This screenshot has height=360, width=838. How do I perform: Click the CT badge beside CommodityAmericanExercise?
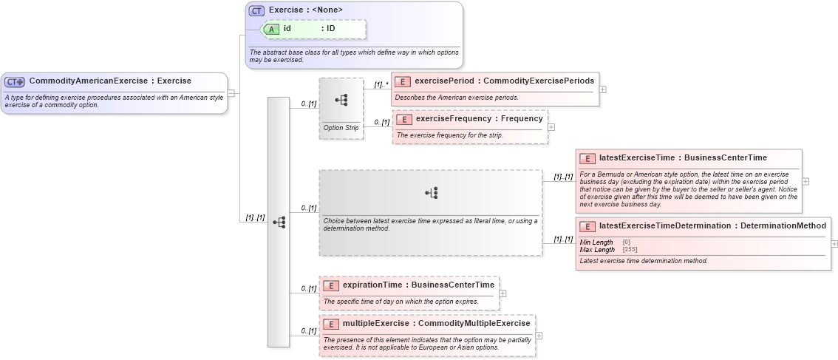(15, 81)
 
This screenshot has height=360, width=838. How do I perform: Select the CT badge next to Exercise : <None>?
(256, 10)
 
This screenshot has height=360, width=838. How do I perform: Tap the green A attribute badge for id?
(272, 29)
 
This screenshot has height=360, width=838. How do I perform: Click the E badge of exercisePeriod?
(403, 81)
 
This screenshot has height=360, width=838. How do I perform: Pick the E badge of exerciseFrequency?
(404, 118)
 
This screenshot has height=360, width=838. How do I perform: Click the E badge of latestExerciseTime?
(587, 158)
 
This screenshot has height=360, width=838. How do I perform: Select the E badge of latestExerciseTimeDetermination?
(587, 225)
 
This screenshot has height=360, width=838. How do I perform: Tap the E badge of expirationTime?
(331, 285)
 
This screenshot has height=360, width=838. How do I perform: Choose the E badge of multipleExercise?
(331, 323)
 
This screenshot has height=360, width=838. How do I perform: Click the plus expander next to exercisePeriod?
(603, 89)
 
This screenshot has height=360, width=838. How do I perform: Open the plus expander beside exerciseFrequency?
(551, 127)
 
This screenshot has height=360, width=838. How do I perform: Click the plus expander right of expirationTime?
(503, 293)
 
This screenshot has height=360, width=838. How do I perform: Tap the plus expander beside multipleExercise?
(539, 335)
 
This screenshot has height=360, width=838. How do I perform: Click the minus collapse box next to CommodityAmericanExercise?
(231, 93)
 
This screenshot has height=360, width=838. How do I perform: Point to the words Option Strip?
(341, 128)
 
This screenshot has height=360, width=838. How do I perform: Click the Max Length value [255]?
(630, 250)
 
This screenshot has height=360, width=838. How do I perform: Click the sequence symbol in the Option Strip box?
(341, 100)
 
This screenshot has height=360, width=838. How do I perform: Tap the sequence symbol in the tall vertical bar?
(279, 222)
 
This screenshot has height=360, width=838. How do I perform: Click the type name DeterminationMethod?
(783, 225)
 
